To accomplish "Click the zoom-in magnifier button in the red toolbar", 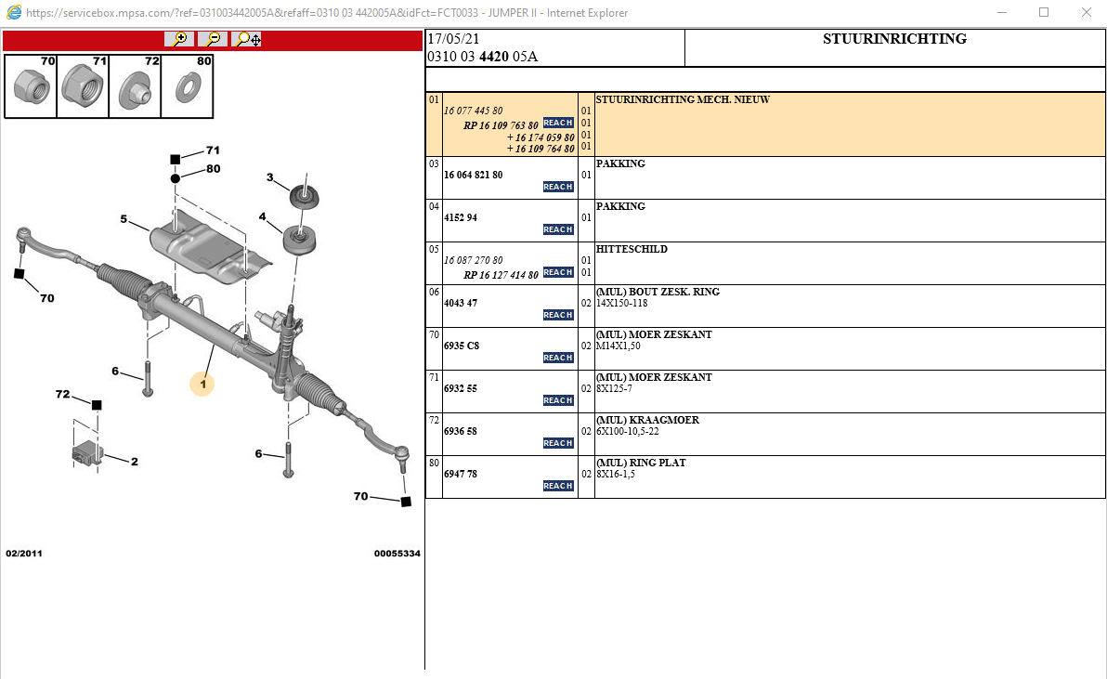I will tap(179, 39).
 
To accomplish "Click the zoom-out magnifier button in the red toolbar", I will tap(213, 39).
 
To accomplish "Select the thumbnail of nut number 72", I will tap(136, 86).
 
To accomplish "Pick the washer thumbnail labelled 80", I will tap(188, 86).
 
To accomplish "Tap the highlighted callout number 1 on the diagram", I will tap(202, 383).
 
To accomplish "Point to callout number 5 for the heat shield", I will tap(124, 219).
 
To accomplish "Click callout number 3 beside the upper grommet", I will tap(270, 177).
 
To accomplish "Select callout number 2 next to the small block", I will tap(134, 462).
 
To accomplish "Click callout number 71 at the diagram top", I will tap(213, 150).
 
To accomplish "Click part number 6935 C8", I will tap(462, 346).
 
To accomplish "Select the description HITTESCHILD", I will tap(632, 249).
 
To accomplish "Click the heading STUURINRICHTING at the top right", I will tap(894, 39).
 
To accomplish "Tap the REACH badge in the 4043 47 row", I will tap(558, 315).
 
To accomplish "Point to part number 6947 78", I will tap(461, 474).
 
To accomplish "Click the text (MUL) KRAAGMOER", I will tap(647, 420).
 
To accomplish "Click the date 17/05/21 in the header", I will tap(453, 39).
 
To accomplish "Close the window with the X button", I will tap(1086, 12).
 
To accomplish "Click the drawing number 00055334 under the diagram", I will tap(397, 554).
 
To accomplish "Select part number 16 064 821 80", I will tap(474, 175).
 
